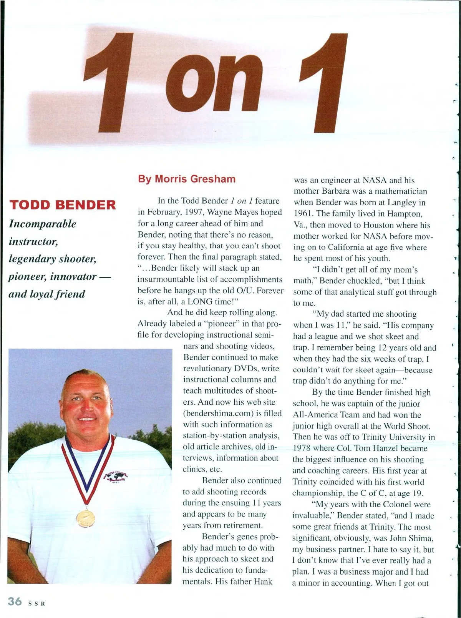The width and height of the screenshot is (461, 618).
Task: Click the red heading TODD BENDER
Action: tap(62, 204)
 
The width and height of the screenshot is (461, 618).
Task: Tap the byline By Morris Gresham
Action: tap(187, 179)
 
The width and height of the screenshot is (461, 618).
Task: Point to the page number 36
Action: tap(15, 601)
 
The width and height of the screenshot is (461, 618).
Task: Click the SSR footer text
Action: tap(37, 603)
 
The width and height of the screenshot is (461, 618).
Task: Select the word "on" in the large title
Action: tap(216, 83)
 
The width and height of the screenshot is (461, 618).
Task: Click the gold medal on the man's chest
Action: tap(85, 518)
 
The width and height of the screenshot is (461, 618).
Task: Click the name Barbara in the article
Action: tap(337, 191)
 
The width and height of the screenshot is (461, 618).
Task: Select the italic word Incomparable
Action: tap(42, 224)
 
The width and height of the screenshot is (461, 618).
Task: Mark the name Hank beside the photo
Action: tap(263, 581)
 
